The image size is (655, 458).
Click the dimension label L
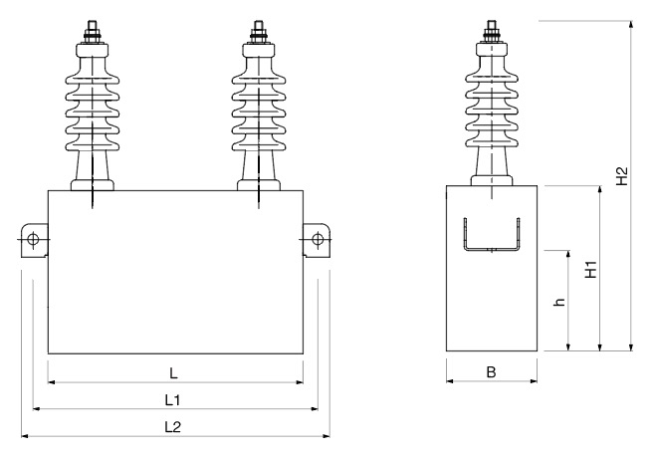173,373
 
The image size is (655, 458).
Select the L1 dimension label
173,399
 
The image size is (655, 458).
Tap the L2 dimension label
173,426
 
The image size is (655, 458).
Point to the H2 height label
621,177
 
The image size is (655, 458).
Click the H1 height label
590,269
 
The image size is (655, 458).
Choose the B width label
492,373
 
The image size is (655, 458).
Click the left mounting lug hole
32,240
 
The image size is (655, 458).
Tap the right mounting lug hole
318,240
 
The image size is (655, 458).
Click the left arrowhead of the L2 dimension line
25,435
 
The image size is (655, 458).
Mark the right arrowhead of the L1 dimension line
313,407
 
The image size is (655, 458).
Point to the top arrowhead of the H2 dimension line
630,22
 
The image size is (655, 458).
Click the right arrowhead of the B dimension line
536,381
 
